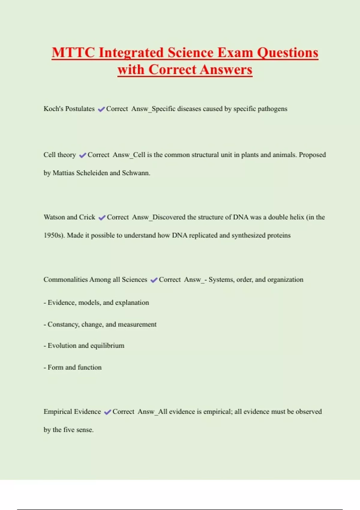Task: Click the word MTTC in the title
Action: [73, 52]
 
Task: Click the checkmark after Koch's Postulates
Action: [101, 109]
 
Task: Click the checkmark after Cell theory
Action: [82, 155]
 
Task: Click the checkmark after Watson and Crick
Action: [102, 217]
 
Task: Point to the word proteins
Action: [279, 235]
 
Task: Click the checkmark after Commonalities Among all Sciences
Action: [154, 280]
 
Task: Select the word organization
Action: [285, 280]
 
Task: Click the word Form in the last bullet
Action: [55, 367]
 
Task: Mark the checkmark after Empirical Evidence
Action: [107, 412]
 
